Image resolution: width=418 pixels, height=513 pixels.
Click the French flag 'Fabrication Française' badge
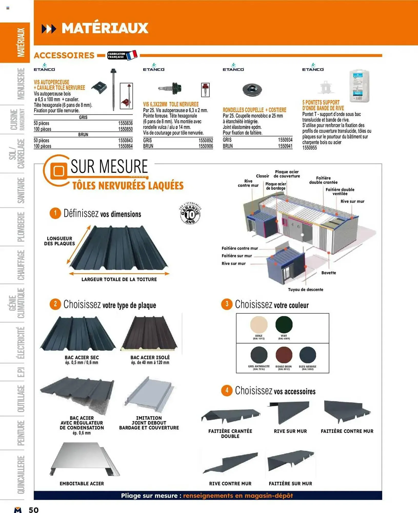[122, 55]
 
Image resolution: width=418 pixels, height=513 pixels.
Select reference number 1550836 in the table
[125, 123]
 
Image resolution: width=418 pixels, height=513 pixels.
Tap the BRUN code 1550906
[205, 146]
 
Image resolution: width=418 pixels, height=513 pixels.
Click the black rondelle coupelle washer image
[252, 90]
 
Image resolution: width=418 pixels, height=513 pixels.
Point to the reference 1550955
[309, 148]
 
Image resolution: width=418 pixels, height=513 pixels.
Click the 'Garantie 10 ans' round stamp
[190, 213]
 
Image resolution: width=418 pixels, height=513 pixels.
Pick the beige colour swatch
[259, 325]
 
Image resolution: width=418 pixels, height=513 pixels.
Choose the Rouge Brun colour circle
[284, 355]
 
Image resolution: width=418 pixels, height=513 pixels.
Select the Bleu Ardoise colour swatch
[307, 355]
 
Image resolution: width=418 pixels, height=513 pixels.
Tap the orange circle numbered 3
[227, 304]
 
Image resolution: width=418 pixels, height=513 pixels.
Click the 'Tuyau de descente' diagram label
[305, 290]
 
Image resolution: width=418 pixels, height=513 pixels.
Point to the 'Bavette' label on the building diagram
[329, 273]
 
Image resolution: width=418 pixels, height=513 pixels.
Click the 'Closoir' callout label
[262, 176]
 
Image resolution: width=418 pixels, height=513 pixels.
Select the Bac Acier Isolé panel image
[150, 333]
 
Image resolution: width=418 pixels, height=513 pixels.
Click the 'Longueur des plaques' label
[59, 241]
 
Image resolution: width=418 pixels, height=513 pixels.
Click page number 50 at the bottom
[34, 510]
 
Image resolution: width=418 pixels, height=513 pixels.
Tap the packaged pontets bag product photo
[360, 86]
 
